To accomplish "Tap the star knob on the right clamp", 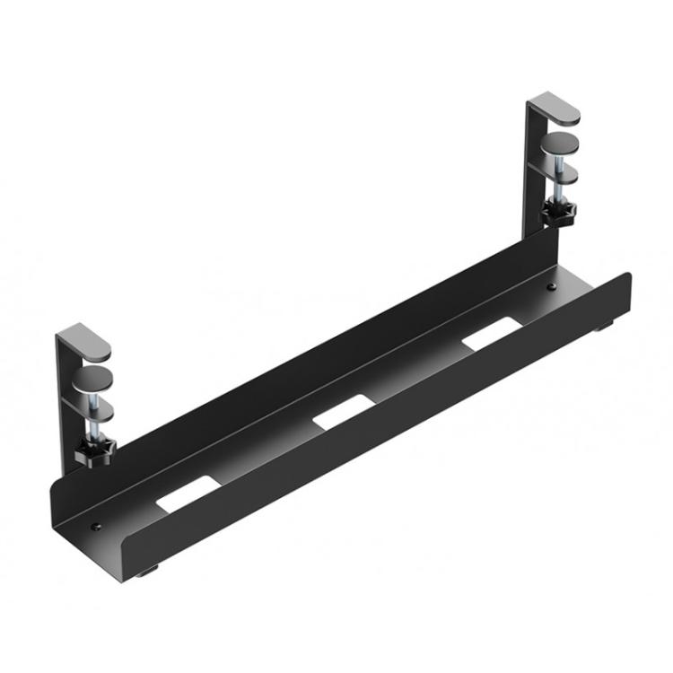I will pyautogui.click(x=558, y=213).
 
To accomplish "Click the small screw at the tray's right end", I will pyautogui.click(x=550, y=288).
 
